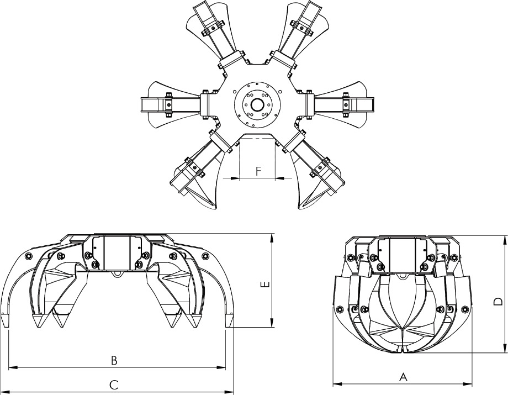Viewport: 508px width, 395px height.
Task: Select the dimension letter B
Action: (114, 360)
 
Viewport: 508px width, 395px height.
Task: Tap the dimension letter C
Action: (114, 385)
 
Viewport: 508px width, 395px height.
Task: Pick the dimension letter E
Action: (264, 285)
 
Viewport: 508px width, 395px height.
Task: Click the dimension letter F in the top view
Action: (258, 171)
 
